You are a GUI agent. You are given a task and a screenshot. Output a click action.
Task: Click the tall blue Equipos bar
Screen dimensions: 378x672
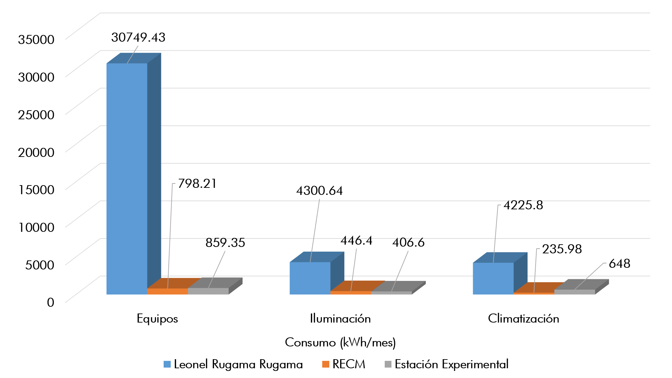click(127, 178)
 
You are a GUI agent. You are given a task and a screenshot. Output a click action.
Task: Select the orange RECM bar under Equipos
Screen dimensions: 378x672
click(167, 291)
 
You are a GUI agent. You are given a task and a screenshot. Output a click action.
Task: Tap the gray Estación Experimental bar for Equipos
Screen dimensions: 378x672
click(208, 291)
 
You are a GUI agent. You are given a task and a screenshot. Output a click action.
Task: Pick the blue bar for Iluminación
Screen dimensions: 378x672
click(310, 278)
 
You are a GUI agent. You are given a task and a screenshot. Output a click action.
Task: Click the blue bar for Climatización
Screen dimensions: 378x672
click(493, 278)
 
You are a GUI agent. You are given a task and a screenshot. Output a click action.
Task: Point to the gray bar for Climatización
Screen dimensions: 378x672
click(575, 292)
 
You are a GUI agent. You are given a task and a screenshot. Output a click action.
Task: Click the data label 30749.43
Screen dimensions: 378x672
click(138, 37)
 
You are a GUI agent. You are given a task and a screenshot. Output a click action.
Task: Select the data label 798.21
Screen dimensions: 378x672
click(197, 183)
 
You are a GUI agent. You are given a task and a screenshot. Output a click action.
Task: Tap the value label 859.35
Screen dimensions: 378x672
click(225, 243)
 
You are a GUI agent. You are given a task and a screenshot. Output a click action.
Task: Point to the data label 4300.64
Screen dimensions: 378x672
click(319, 191)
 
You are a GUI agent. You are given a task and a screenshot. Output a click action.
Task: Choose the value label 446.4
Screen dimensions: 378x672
click(356, 241)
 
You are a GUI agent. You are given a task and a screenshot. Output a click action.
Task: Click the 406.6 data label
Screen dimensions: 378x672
click(408, 242)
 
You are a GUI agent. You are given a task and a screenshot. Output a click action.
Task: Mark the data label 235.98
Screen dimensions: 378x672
click(562, 249)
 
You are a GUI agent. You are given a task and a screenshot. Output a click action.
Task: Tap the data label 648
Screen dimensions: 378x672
click(619, 263)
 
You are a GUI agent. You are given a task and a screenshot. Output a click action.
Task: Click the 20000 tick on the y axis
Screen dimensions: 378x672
click(36, 152)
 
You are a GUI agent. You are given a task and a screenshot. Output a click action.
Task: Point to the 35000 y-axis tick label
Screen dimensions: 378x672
click(36, 39)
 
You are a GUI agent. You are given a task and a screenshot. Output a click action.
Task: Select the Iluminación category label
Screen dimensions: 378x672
click(340, 319)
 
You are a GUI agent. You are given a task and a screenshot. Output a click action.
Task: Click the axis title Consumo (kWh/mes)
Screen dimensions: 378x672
click(340, 342)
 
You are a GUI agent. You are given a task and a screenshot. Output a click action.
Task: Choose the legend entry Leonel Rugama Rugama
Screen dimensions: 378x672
click(238, 364)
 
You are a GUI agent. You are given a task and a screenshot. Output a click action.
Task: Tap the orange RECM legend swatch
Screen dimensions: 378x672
click(326, 364)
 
